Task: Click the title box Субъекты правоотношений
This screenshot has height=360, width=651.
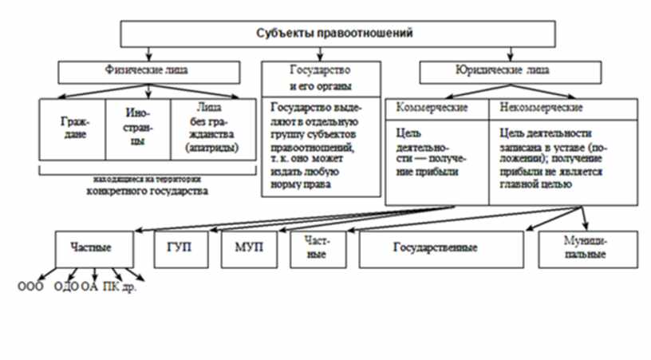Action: pyautogui.click(x=334, y=34)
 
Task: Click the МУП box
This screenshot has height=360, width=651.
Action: pyautogui.click(x=244, y=248)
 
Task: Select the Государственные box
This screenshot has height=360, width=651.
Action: pyautogui.click(x=436, y=248)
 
